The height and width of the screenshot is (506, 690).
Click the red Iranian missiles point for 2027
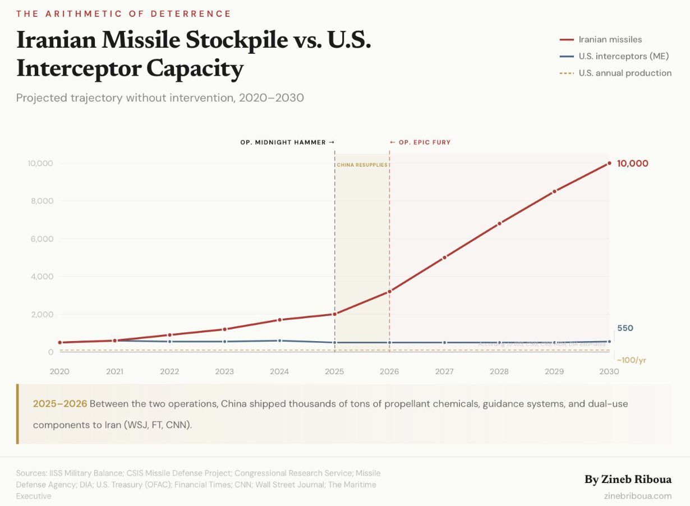pyautogui.click(x=444, y=257)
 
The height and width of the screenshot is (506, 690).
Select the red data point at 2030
pyautogui.click(x=609, y=163)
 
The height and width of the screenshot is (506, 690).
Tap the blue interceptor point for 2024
pyautogui.click(x=279, y=341)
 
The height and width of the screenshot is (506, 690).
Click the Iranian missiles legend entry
pyautogui.click(x=610, y=39)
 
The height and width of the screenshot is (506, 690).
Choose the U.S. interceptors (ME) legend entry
pyautogui.click(x=623, y=56)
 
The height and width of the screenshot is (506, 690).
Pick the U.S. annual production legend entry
pyautogui.click(x=625, y=73)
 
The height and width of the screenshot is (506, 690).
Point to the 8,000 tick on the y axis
pyautogui.click(x=41, y=201)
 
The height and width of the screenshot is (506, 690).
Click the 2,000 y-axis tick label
pyautogui.click(x=41, y=314)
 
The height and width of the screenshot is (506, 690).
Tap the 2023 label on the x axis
pyautogui.click(x=224, y=371)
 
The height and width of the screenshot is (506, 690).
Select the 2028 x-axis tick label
pyautogui.click(x=499, y=371)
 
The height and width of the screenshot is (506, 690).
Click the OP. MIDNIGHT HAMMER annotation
pyautogui.click(x=287, y=142)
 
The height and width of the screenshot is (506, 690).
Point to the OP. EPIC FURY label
pyautogui.click(x=420, y=142)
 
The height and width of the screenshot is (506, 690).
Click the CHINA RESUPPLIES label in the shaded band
pyautogui.click(x=362, y=165)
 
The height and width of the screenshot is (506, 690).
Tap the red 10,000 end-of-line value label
pyautogui.click(x=632, y=164)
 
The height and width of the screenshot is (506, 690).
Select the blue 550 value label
pyautogui.click(x=625, y=328)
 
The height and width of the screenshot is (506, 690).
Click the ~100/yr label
pyautogui.click(x=632, y=360)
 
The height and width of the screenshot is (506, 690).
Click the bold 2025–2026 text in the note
pyautogui.click(x=60, y=404)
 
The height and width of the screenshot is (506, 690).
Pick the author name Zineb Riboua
pyautogui.click(x=628, y=480)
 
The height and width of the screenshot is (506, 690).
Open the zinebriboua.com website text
pyautogui.click(x=638, y=495)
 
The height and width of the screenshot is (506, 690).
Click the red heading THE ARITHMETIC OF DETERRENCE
pyautogui.click(x=123, y=13)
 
